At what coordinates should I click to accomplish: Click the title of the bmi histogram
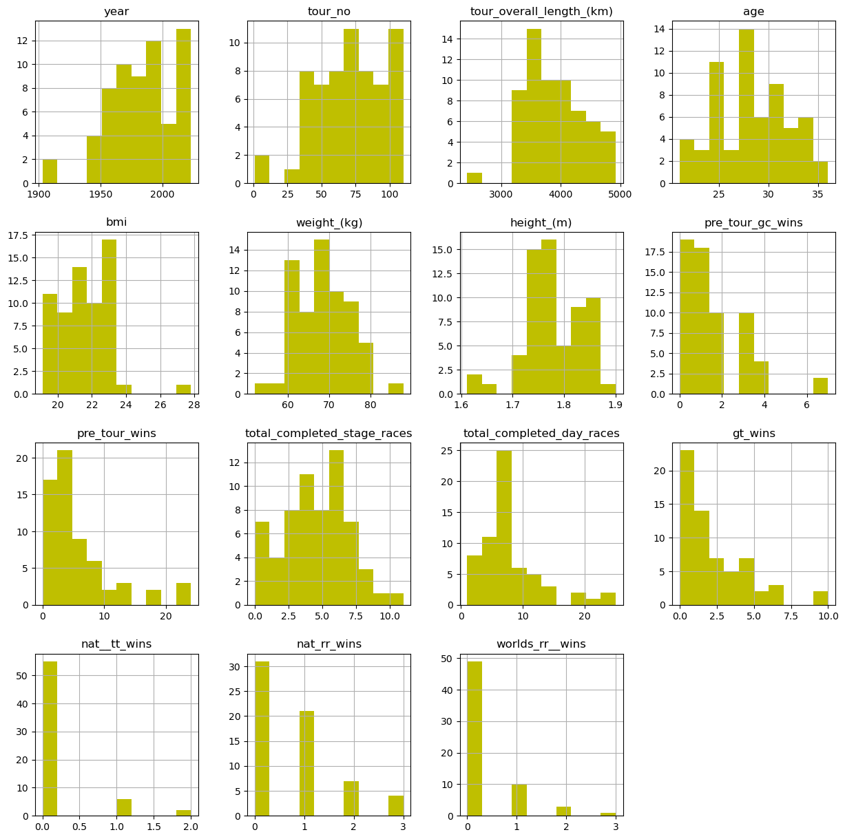coord(117,223)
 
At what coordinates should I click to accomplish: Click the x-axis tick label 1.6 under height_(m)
coord(461,405)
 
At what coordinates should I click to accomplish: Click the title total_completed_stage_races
coord(329,434)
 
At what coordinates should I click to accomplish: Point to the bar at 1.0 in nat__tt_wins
coord(125,807)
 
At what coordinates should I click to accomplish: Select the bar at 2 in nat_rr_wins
coord(351,798)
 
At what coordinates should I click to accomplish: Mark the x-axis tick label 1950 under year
coord(102,194)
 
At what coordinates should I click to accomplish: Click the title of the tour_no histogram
coord(329,12)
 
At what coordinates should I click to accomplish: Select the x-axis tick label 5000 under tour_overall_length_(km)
coord(620,194)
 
